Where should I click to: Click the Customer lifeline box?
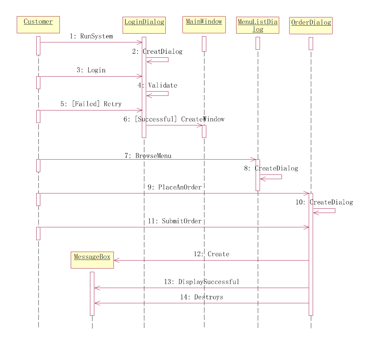(38, 25)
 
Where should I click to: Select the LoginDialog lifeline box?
(144, 25)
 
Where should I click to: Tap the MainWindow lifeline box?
(204, 25)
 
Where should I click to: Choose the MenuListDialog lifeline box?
(258, 25)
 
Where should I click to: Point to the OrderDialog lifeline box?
(311, 26)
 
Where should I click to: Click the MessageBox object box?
(92, 260)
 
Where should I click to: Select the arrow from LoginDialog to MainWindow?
(174, 125)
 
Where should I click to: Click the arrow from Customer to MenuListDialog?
(146, 159)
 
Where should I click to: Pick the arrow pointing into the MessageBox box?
(211, 260)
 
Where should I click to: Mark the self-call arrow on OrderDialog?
(325, 211)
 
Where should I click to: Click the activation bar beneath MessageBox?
(92, 293)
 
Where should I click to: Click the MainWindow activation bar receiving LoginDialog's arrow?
(204, 131)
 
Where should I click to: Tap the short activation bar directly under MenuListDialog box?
(258, 43)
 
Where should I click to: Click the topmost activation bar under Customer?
(38, 46)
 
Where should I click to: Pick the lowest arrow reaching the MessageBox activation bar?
(201, 303)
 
